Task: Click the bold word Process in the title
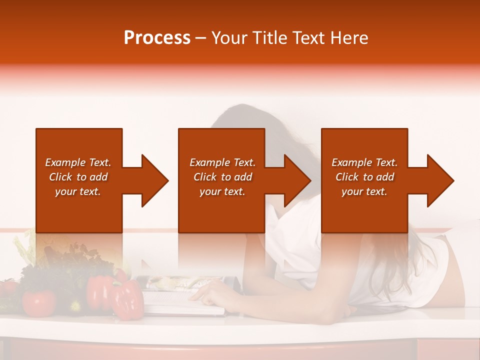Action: [x=157, y=37]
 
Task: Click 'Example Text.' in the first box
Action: [x=78, y=162]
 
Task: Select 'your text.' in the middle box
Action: [x=222, y=191]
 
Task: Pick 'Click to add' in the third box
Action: [x=364, y=177]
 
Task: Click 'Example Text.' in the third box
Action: [x=364, y=162]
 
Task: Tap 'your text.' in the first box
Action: [x=78, y=191]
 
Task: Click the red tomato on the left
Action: [x=38, y=302]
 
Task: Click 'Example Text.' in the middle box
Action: [x=222, y=162]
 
